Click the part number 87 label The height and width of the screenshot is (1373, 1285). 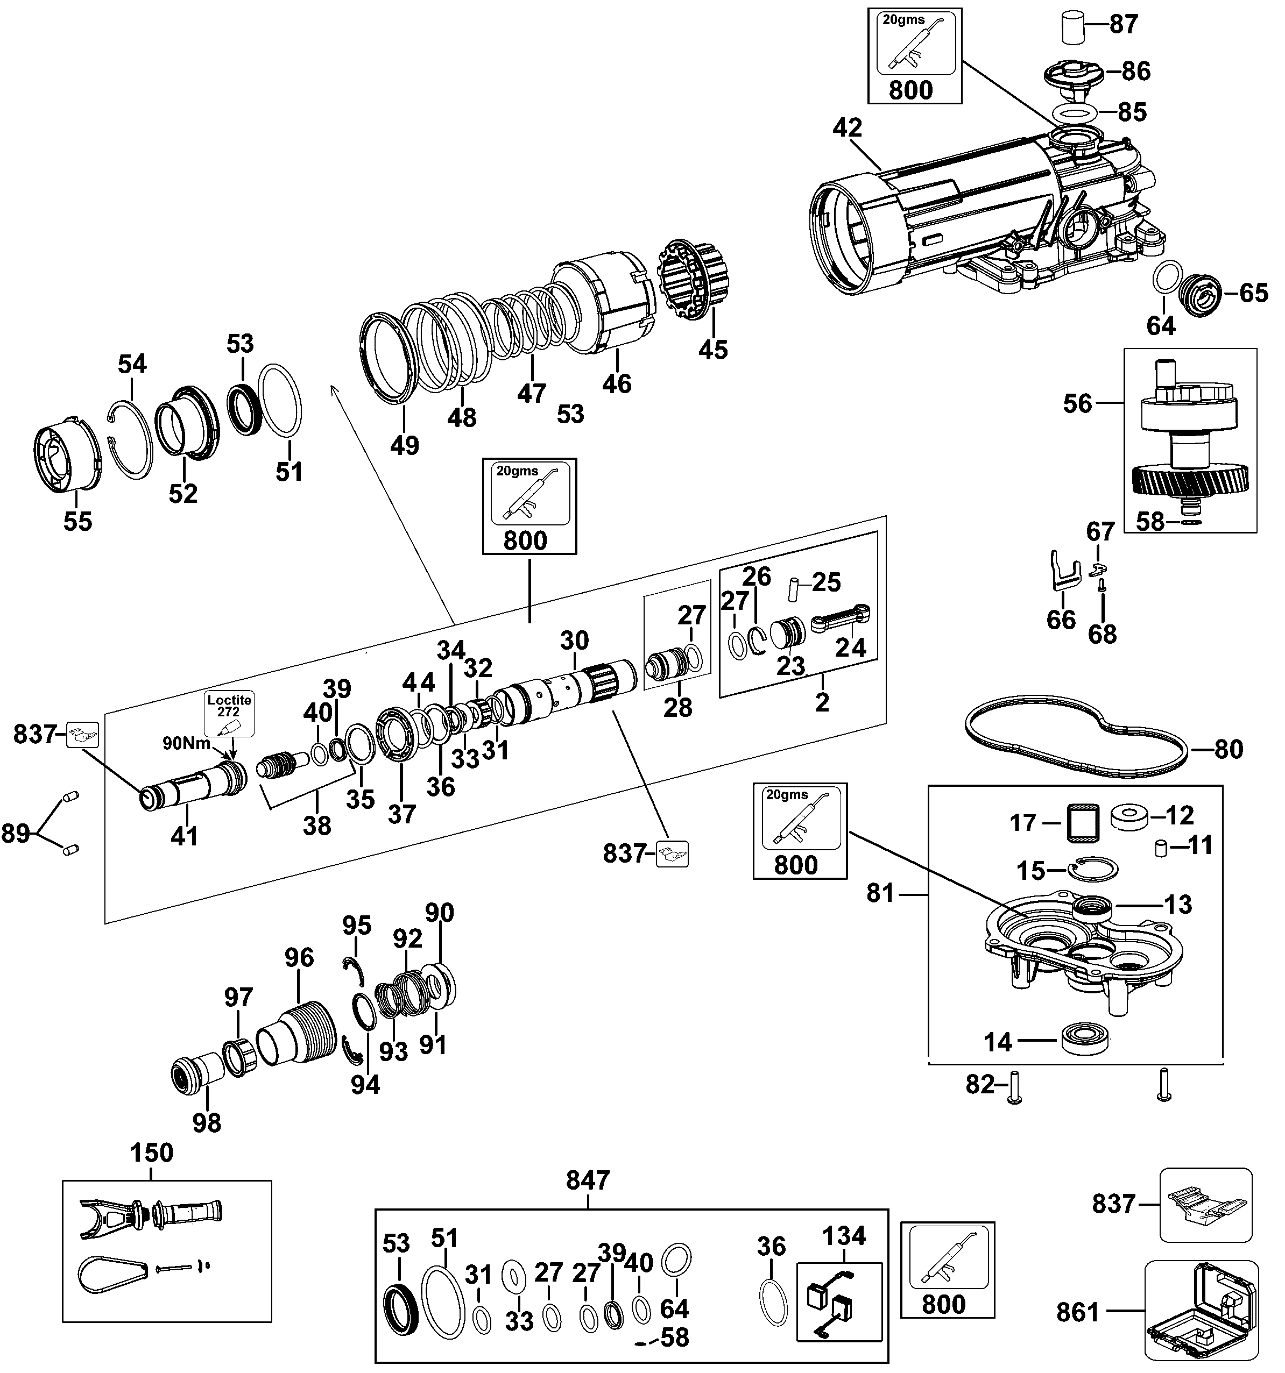pyautogui.click(x=1124, y=24)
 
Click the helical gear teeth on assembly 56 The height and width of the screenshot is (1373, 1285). pyautogui.click(x=1190, y=479)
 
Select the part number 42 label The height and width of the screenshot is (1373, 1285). pyautogui.click(x=848, y=129)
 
